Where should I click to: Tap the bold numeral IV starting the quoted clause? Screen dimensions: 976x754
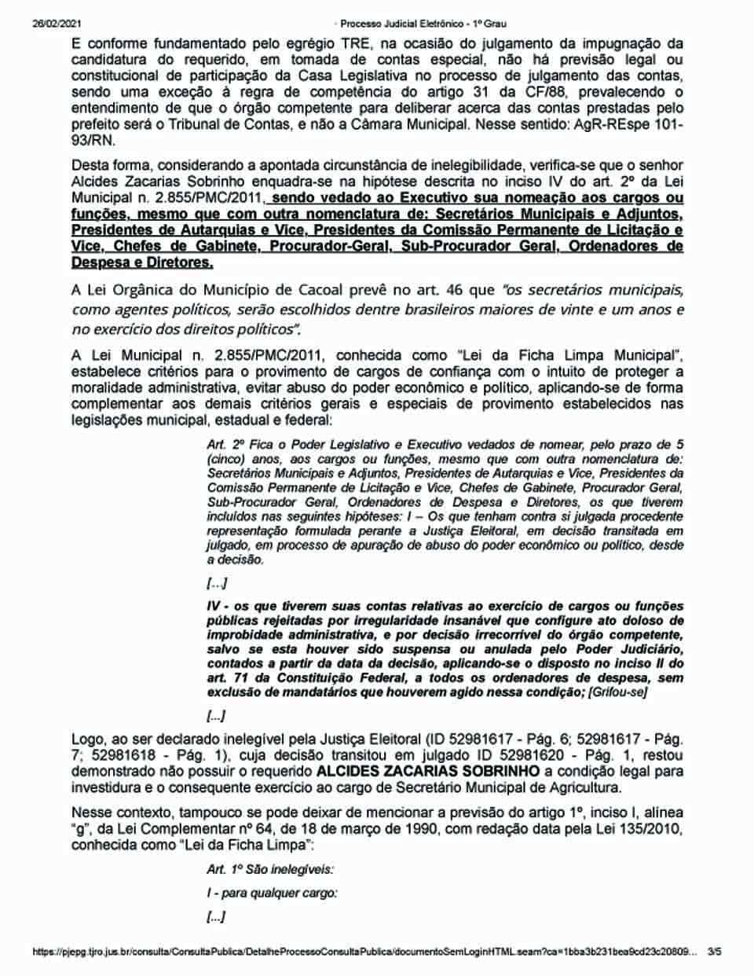(x=215, y=607)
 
